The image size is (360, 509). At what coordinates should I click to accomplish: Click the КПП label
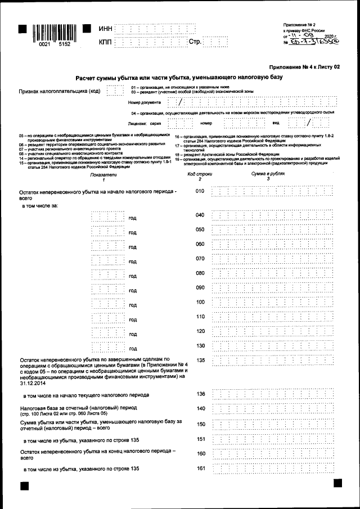tap(106, 42)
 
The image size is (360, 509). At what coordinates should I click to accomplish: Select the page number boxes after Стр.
tap(215, 42)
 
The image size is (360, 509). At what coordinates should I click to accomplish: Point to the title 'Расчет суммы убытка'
tap(179, 77)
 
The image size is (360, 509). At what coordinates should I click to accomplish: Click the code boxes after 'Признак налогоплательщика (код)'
tap(115, 90)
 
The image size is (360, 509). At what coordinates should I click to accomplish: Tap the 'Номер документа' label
tap(145, 103)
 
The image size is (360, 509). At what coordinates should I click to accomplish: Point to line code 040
tap(199, 215)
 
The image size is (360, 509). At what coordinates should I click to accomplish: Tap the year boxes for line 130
tap(107, 346)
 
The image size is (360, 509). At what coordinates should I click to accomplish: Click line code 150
tap(201, 424)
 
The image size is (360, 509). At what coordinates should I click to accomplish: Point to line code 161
tap(201, 469)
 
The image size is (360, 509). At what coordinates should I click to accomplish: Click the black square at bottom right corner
tap(337, 483)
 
